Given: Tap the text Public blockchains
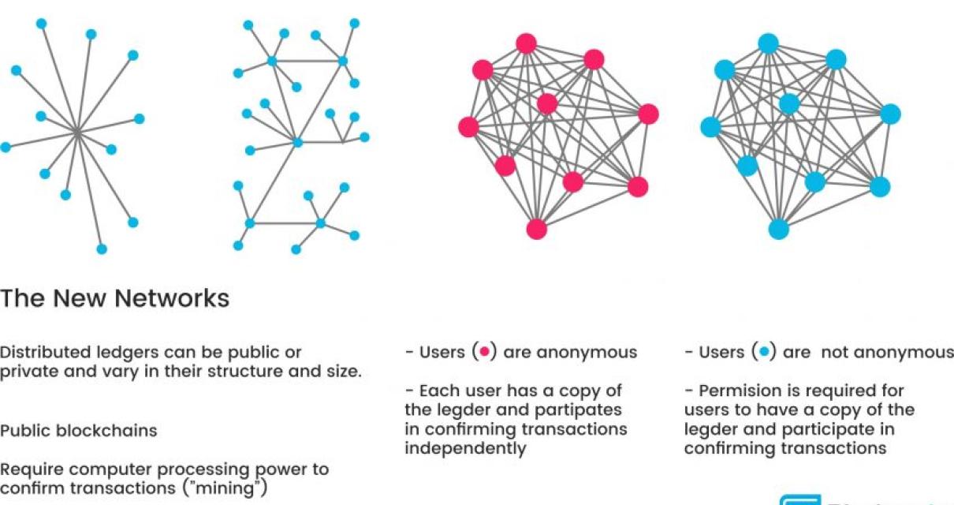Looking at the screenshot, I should click(78, 431).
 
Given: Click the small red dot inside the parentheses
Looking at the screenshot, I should click(485, 353).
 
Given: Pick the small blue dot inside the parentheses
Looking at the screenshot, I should click(762, 353).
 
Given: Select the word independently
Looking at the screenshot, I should click(465, 448).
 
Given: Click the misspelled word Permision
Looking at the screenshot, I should click(738, 391).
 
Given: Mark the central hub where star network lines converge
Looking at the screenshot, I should click(76, 133).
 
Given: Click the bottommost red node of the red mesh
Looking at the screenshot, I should click(536, 229).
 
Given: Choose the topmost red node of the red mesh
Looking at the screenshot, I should click(526, 43).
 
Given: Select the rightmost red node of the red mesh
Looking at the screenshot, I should click(648, 114).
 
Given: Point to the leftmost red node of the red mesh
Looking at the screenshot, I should click(468, 126).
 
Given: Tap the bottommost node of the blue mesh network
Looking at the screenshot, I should click(778, 229).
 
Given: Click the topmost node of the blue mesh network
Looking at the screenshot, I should click(768, 43).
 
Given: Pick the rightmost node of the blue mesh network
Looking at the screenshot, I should click(890, 114).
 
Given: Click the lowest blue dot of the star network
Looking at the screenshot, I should click(102, 249).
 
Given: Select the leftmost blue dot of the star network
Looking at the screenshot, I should click(6, 148).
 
